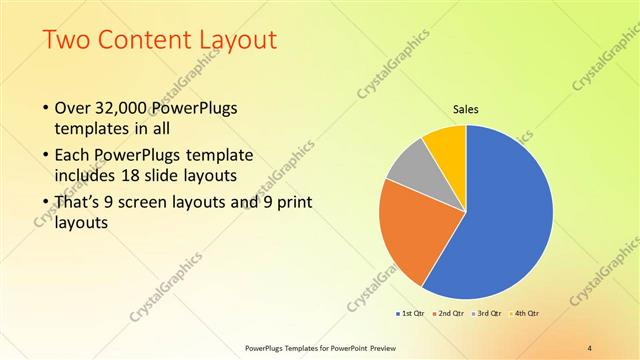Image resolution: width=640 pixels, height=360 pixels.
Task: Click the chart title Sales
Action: [x=467, y=108]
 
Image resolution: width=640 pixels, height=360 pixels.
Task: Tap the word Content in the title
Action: [x=139, y=41]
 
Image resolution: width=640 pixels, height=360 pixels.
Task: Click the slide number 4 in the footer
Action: [x=590, y=348]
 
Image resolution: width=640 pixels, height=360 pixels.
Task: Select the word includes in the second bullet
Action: [x=86, y=177]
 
